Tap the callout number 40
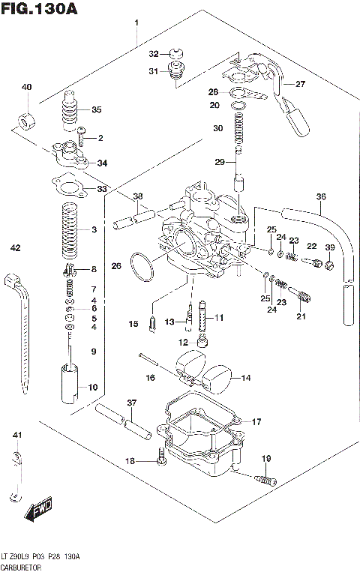click(27, 88)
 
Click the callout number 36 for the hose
click(321, 197)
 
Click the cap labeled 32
click(178, 54)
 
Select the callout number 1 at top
click(136, 22)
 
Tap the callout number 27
click(300, 84)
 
